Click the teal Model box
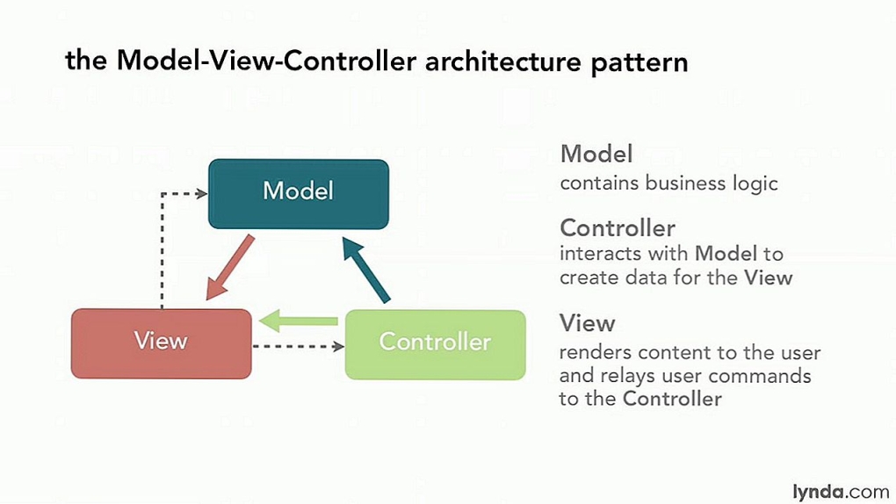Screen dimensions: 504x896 click(298, 193)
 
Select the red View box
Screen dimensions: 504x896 click(161, 342)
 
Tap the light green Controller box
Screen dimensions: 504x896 click(435, 343)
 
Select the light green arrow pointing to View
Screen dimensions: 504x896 click(299, 321)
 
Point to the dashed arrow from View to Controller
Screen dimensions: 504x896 click(298, 347)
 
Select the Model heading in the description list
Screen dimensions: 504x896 click(596, 155)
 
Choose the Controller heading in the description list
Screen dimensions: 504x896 click(618, 228)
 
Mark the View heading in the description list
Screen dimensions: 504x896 click(588, 323)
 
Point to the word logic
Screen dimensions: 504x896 click(755, 184)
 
